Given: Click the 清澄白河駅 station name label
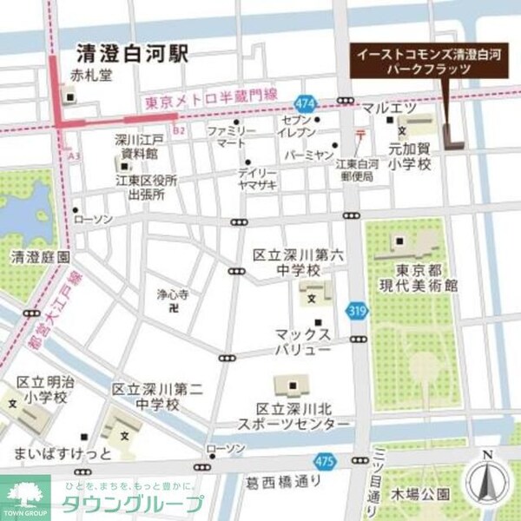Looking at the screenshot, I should tap(131, 50).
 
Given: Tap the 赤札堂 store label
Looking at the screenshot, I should tap(93, 75).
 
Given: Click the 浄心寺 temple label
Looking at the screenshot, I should tap(172, 294).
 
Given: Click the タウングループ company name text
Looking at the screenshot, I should tap(132, 505).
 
